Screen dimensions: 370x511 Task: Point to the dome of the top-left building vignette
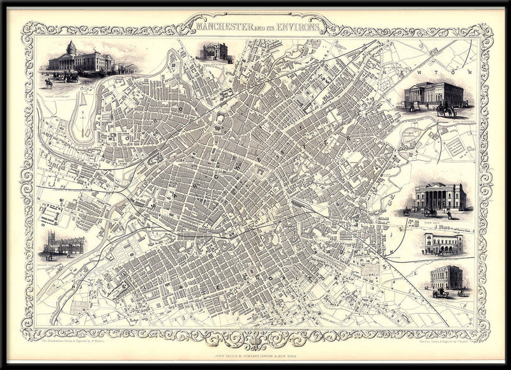71,47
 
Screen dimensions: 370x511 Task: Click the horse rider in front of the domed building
49,82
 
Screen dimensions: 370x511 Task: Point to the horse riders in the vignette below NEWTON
446,111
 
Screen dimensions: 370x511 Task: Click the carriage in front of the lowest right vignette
439,293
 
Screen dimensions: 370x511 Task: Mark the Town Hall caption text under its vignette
438,217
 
